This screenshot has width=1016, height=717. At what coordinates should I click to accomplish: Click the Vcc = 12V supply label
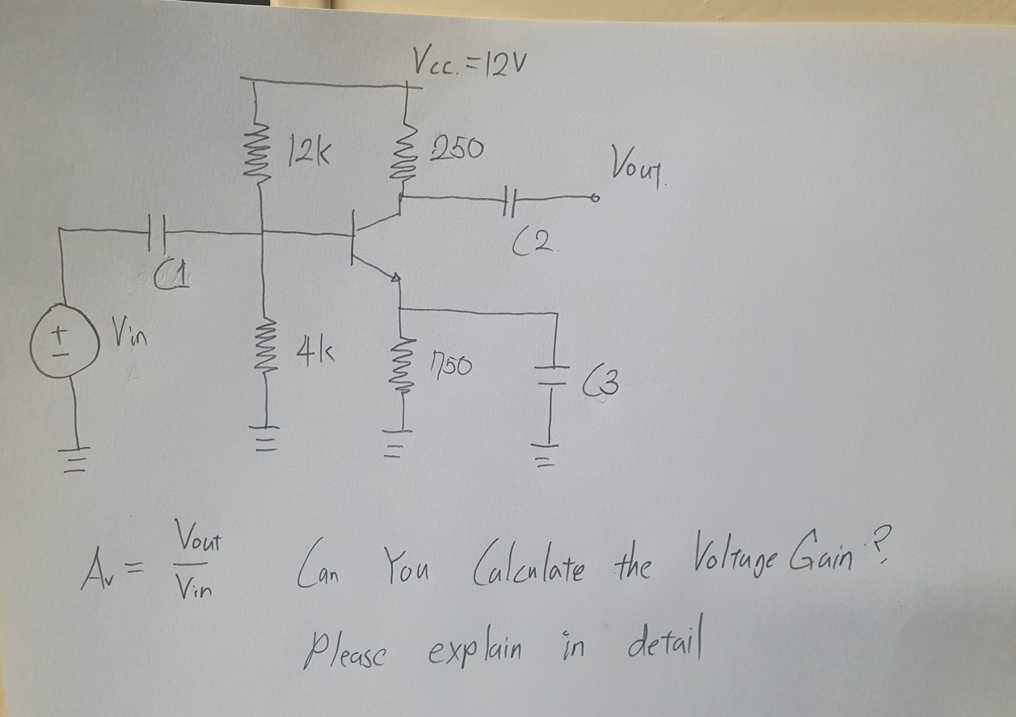[470, 59]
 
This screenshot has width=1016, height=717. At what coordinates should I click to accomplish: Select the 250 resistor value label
[457, 149]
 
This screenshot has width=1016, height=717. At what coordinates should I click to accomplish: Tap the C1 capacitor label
[171, 278]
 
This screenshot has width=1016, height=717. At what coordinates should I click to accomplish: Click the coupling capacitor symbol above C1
[158, 233]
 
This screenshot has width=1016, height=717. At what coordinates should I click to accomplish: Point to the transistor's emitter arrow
[395, 277]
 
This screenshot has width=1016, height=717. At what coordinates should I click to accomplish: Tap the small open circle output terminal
[597, 197]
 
